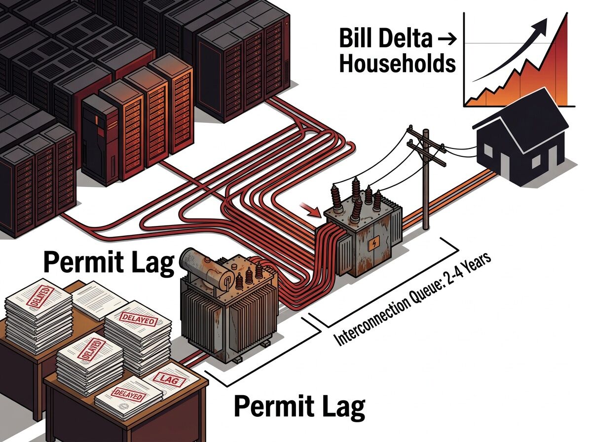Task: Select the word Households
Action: (397, 65)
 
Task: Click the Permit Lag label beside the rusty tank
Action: (109, 262)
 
